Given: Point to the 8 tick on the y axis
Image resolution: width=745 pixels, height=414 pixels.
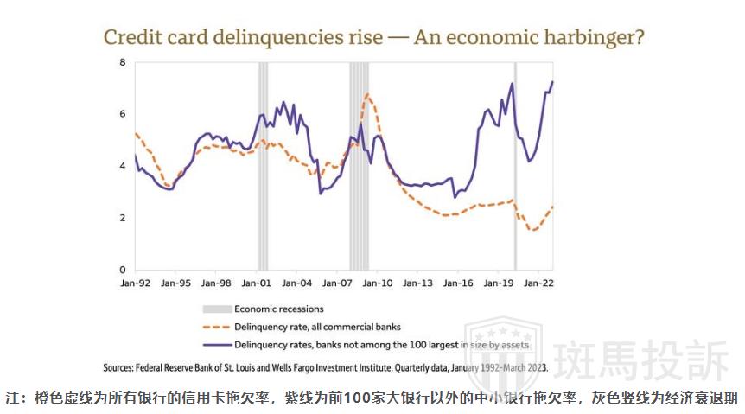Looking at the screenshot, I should tap(122, 62).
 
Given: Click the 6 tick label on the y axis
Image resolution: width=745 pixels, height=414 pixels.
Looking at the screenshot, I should tap(122, 114).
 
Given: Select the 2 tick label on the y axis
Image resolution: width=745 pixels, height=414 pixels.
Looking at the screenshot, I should tap(122, 218).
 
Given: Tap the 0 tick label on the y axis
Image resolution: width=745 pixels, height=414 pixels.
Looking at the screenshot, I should tap(122, 270).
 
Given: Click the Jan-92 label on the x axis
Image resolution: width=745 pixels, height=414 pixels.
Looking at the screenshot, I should tap(135, 283).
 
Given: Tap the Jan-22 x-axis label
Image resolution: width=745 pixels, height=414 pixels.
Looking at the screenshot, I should tap(539, 283).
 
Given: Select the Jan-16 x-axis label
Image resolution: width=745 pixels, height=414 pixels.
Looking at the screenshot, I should tap(459, 283).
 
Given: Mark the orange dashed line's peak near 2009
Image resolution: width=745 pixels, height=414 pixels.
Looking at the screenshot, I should tap(367, 94).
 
